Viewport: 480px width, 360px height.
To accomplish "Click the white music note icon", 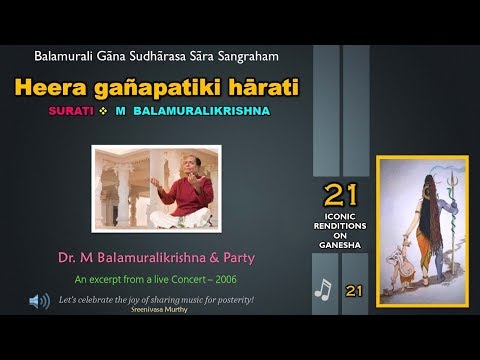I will (322, 288).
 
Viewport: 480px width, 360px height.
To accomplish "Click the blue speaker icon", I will (40, 299).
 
